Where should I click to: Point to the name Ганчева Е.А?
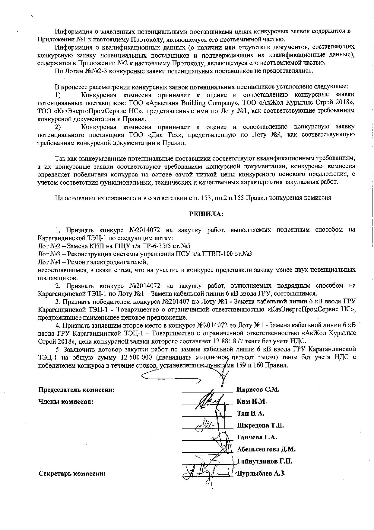[x=257, y=437]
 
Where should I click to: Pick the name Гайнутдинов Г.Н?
[x=265, y=461]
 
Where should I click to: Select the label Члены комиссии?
[x=65, y=402]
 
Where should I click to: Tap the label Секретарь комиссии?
[x=72, y=473]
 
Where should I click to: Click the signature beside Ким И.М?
[x=210, y=400]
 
